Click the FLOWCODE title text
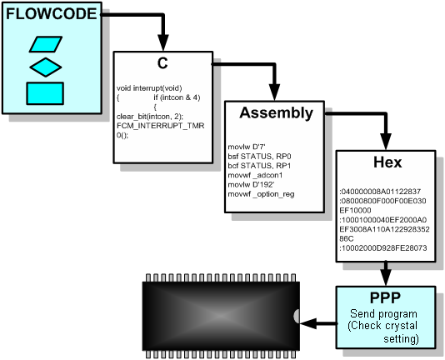pyautogui.click(x=52, y=14)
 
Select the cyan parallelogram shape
pyautogui.click(x=46, y=44)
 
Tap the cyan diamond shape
pyautogui.click(x=46, y=67)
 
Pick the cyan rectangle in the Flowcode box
pyautogui.click(x=45, y=93)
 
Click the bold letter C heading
pyautogui.click(x=162, y=63)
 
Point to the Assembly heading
pyautogui.click(x=276, y=112)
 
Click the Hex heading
pyautogui.click(x=387, y=162)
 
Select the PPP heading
pyautogui.click(x=385, y=297)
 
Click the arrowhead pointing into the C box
pyautogui.click(x=163, y=42)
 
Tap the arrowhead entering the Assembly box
pyautogui.click(x=274, y=92)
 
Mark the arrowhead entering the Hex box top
pyautogui.click(x=386, y=142)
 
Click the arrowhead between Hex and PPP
pyautogui.click(x=386, y=277)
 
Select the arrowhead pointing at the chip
pyautogui.click(x=308, y=323)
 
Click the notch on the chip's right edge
pyautogui.click(x=297, y=316)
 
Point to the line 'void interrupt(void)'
pyautogui.click(x=149, y=88)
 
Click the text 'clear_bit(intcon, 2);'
pyautogui.click(x=150, y=117)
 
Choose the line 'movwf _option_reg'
pyautogui.click(x=261, y=194)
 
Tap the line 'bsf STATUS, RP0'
pyautogui.click(x=259, y=156)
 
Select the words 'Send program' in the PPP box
pyautogui.click(x=383, y=314)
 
